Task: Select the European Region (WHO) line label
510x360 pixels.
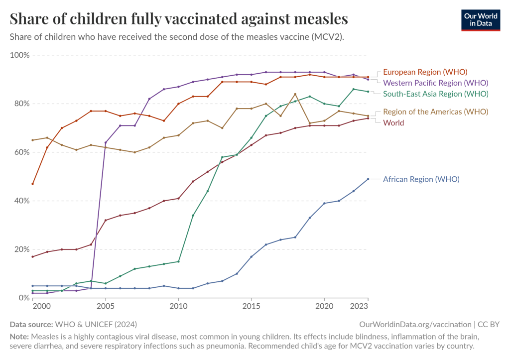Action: (x=425, y=72)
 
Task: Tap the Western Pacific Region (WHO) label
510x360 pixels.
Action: (x=435, y=83)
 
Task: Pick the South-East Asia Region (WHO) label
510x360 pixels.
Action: (x=435, y=94)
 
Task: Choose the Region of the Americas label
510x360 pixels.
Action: (x=435, y=112)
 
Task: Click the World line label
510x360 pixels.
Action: (x=393, y=122)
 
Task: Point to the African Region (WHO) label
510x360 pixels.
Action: (x=421, y=179)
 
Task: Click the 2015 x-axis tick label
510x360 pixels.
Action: (x=252, y=306)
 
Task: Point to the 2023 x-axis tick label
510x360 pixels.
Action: (x=360, y=306)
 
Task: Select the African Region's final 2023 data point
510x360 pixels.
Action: (x=368, y=179)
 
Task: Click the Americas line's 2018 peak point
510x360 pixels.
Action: (x=295, y=94)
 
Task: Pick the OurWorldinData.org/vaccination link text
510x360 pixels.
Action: (x=415, y=324)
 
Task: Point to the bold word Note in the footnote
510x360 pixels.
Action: (x=19, y=336)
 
